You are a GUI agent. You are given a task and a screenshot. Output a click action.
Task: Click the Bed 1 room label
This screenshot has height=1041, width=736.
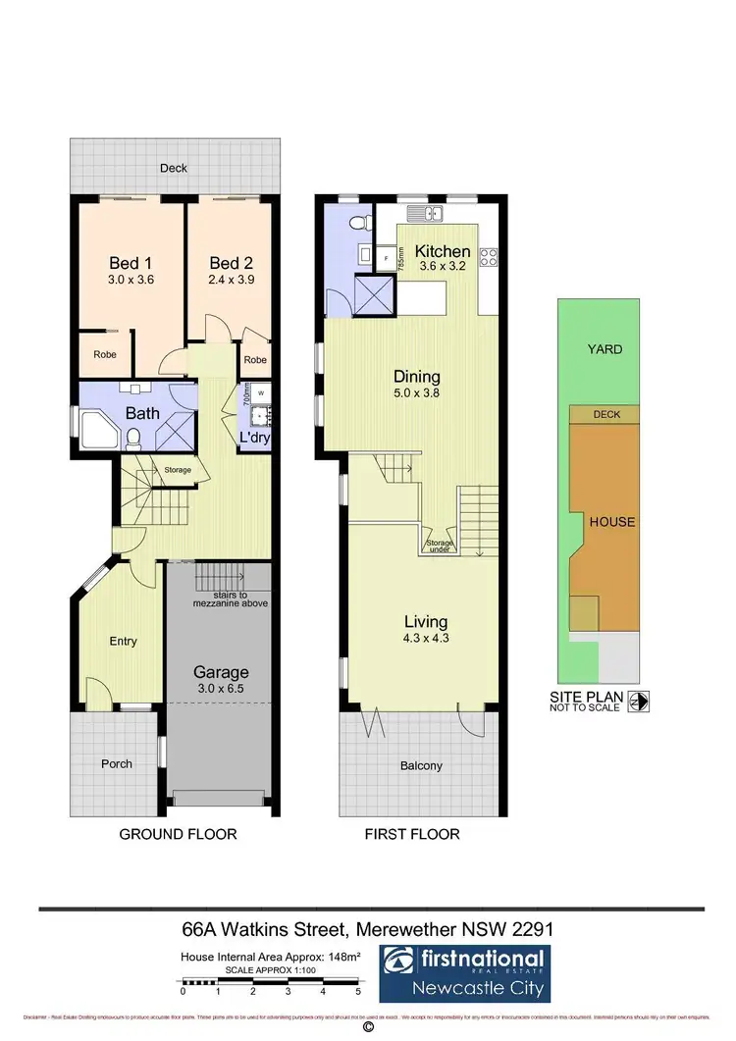click(125, 263)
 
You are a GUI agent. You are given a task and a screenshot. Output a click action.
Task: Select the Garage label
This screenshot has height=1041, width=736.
click(220, 672)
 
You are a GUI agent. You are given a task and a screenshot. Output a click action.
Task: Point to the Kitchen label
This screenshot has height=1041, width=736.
click(443, 251)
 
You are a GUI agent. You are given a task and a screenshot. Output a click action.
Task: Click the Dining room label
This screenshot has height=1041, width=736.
click(416, 376)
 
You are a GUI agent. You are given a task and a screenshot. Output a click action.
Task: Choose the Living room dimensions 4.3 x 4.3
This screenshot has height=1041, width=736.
click(425, 639)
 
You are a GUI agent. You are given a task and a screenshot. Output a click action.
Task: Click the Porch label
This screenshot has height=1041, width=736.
click(116, 763)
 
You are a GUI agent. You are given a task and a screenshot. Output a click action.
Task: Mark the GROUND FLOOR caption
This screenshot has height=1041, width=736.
click(178, 834)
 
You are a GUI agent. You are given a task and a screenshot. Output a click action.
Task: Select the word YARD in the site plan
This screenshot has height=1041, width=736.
click(605, 348)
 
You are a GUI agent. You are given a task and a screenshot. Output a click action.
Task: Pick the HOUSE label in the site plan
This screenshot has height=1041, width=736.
click(611, 522)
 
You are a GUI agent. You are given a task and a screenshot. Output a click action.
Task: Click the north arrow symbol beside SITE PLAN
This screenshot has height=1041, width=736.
click(639, 702)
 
